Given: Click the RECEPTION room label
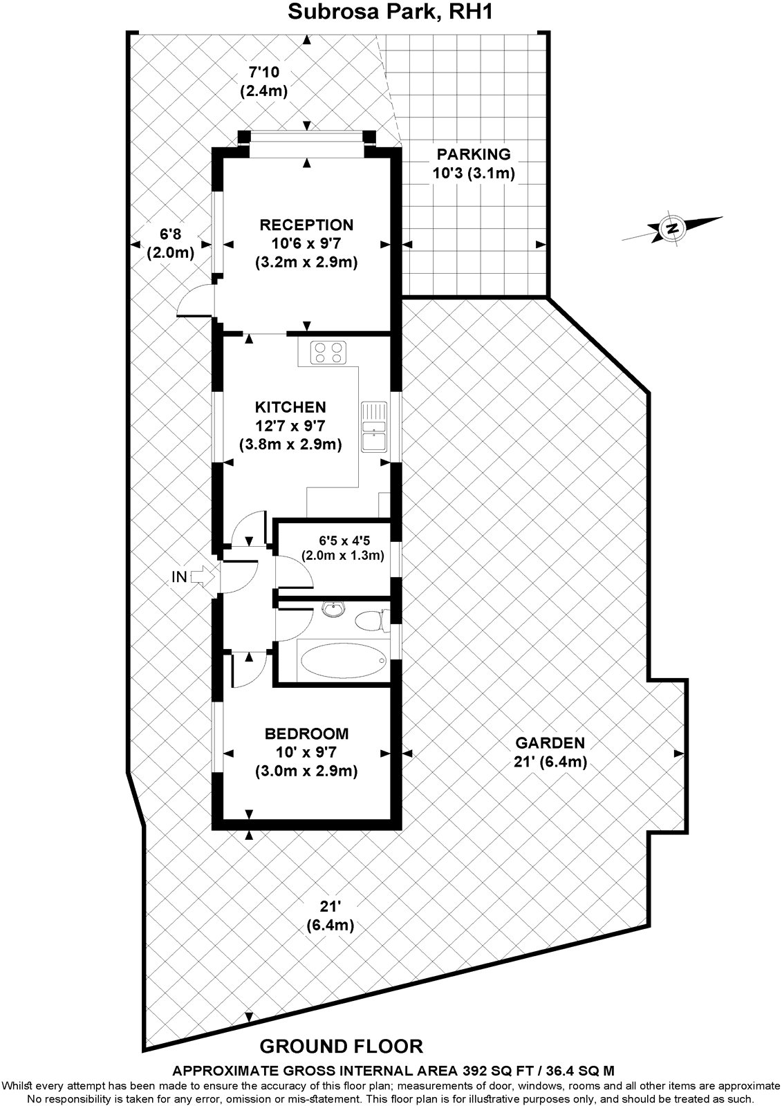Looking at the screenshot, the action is (x=306, y=225).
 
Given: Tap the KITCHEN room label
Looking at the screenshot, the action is (x=290, y=406).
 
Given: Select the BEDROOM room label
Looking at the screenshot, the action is (x=307, y=733).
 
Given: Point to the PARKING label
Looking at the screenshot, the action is (x=474, y=154).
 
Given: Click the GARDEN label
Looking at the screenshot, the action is (x=550, y=743).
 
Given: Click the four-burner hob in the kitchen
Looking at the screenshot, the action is (x=328, y=353).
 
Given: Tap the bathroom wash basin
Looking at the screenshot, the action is (x=334, y=609).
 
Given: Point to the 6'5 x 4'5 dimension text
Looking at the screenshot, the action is (x=342, y=538).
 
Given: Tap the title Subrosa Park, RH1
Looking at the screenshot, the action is (x=391, y=12).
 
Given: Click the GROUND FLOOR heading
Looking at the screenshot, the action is (x=341, y=1046).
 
